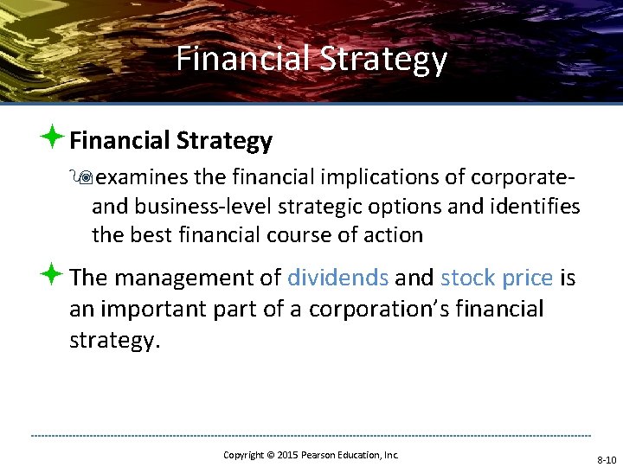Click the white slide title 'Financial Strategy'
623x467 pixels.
[x=311, y=59]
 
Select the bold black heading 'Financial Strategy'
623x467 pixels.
[x=170, y=140]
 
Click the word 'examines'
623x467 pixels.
[x=142, y=177]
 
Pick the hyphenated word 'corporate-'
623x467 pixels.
[x=523, y=177]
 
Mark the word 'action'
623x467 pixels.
[x=393, y=234]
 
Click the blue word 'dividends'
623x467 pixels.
[x=337, y=278]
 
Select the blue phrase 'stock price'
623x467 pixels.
[x=496, y=278]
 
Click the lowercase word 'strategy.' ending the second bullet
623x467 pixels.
[x=115, y=340]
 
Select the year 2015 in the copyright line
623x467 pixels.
[x=288, y=455]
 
